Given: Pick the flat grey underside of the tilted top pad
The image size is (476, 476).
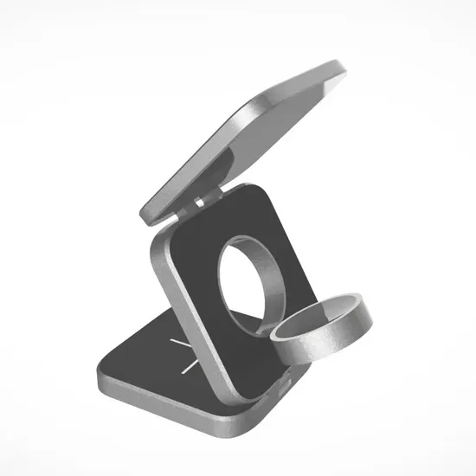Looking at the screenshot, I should click(x=229, y=147).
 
